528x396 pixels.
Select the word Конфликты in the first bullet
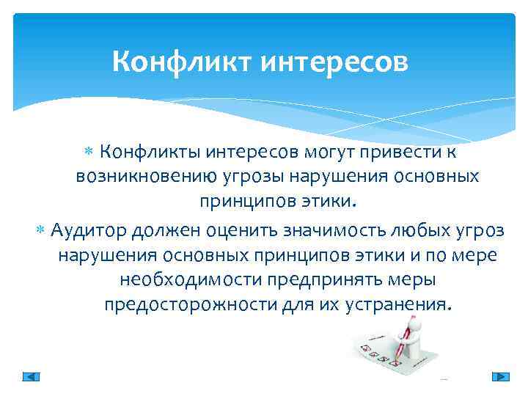point(144,152)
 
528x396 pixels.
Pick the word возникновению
point(147,177)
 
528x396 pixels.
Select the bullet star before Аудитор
point(41,231)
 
